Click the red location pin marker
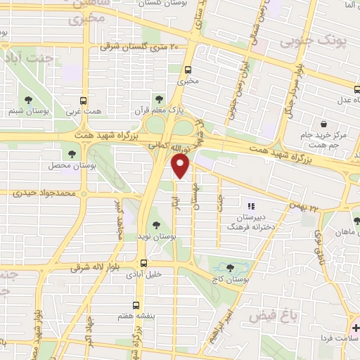[x=181, y=167]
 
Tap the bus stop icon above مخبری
[x=188, y=70]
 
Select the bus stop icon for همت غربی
[x=84, y=100]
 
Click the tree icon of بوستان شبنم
[x=28, y=100]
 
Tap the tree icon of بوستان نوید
[x=155, y=224]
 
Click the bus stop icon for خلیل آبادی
[x=143, y=263]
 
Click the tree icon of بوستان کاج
[x=231, y=268]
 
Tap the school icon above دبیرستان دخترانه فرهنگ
[x=252, y=205]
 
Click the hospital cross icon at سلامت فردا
[x=355, y=328]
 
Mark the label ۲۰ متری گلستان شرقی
[x=140, y=47]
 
